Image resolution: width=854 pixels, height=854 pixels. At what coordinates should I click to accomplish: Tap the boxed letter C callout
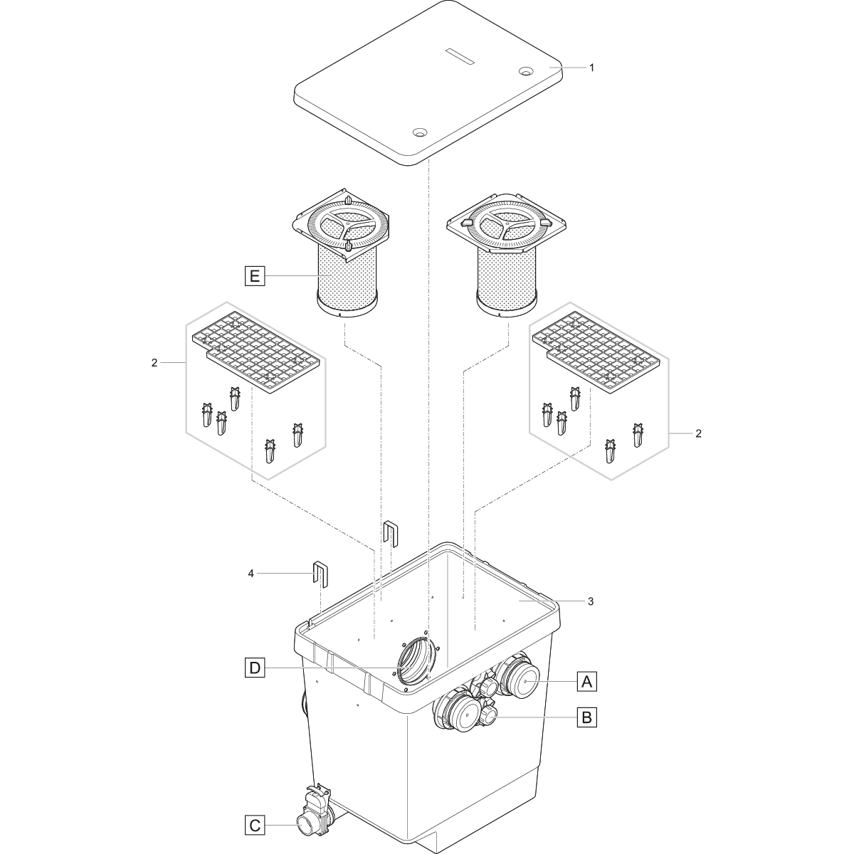[255, 826]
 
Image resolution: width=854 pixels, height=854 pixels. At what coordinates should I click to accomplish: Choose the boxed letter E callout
[255, 276]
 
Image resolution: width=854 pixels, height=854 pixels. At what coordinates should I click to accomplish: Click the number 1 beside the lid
[591, 68]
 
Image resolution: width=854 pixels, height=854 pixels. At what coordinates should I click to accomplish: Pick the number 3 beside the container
[591, 601]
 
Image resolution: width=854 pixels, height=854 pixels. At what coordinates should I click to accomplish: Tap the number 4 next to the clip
[251, 574]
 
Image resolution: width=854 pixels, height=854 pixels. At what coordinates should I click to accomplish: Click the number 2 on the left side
[154, 362]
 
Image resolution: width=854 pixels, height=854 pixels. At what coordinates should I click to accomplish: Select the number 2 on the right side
[698, 433]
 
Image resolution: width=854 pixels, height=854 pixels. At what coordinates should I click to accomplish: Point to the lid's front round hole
[418, 132]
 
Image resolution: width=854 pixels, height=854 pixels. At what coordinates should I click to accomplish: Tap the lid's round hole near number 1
[526, 70]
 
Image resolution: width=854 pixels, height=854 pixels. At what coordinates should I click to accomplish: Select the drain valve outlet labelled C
[305, 824]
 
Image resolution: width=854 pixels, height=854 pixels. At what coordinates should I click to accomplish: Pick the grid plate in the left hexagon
[255, 352]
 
